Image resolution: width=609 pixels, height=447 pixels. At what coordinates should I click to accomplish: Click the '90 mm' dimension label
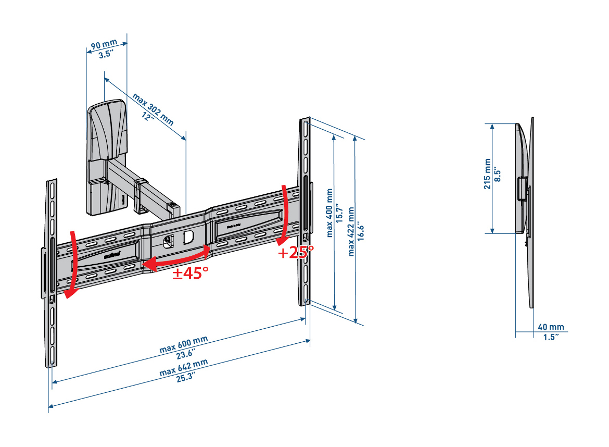click(104, 45)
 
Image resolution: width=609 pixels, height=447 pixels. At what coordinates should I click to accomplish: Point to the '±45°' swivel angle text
click(191, 273)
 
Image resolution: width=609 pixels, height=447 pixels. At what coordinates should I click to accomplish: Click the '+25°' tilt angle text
click(296, 253)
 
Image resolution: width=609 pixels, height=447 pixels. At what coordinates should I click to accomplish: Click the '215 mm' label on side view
click(488, 174)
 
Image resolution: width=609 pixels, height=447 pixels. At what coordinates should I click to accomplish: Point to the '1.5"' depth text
click(551, 337)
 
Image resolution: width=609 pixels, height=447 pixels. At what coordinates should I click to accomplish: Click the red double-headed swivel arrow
click(177, 259)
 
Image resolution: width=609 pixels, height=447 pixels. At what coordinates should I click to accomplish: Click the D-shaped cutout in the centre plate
click(188, 238)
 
